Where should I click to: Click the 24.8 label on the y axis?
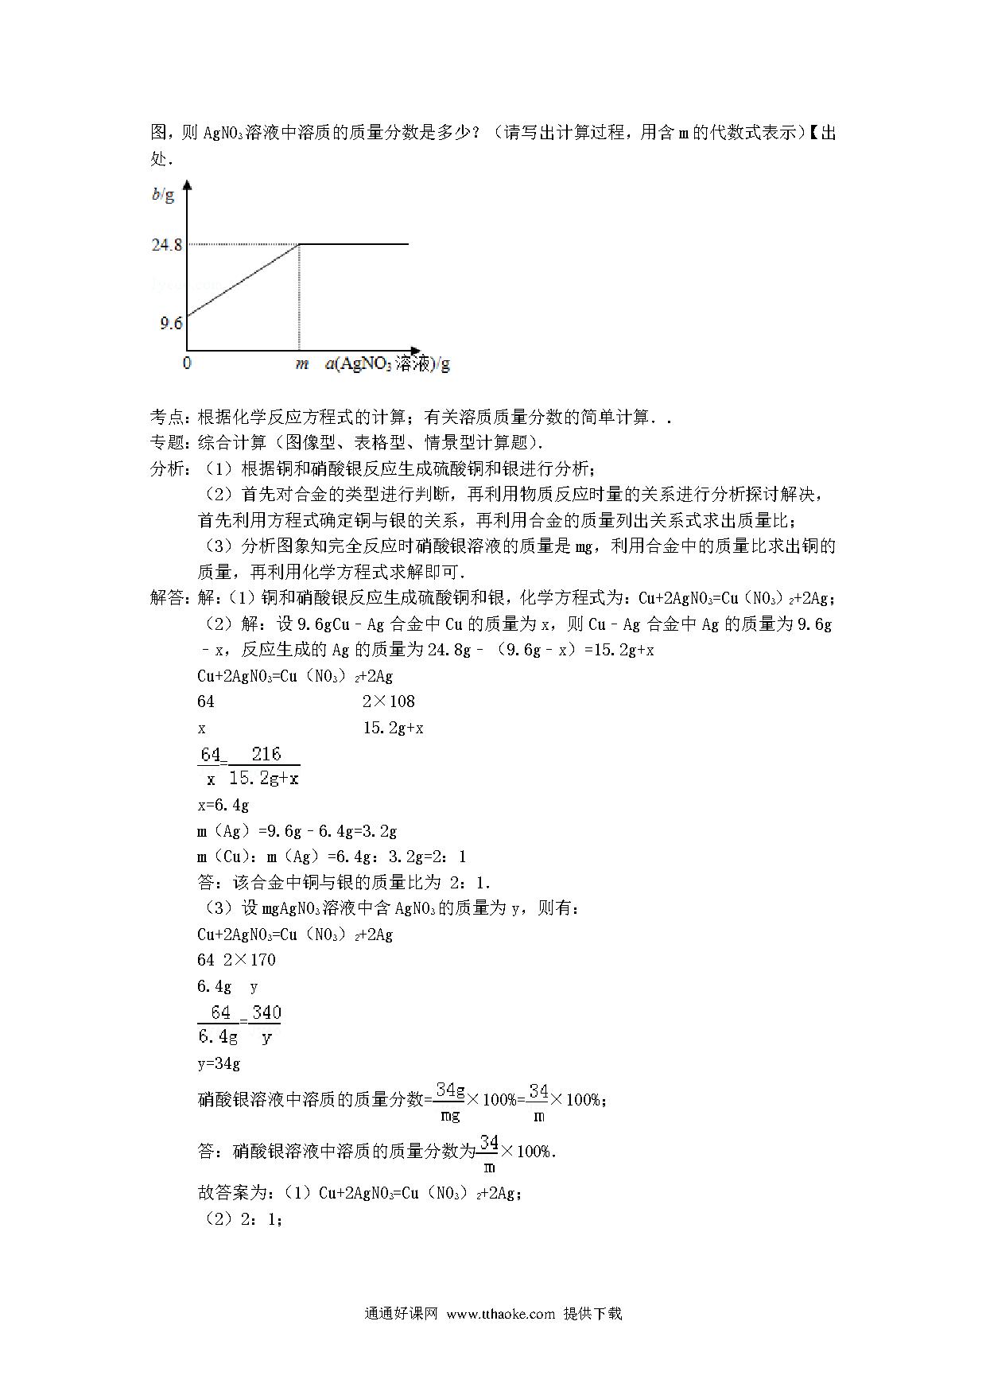click(x=167, y=245)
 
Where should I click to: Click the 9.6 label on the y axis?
click(x=170, y=323)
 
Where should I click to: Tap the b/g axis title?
click(x=163, y=195)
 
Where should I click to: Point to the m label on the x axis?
click(x=301, y=364)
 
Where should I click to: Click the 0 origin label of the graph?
click(x=187, y=363)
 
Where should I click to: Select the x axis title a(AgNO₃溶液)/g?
click(x=387, y=364)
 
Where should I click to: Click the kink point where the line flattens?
click(x=299, y=244)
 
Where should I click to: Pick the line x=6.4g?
click(x=223, y=805)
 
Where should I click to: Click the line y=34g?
click(x=219, y=1063)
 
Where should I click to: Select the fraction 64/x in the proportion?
click(x=210, y=766)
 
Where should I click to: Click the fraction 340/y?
click(x=266, y=1024)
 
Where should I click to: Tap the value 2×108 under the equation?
click(x=388, y=701)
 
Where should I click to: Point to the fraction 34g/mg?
click(x=450, y=1102)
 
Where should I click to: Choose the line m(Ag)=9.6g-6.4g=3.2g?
click(x=297, y=831)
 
